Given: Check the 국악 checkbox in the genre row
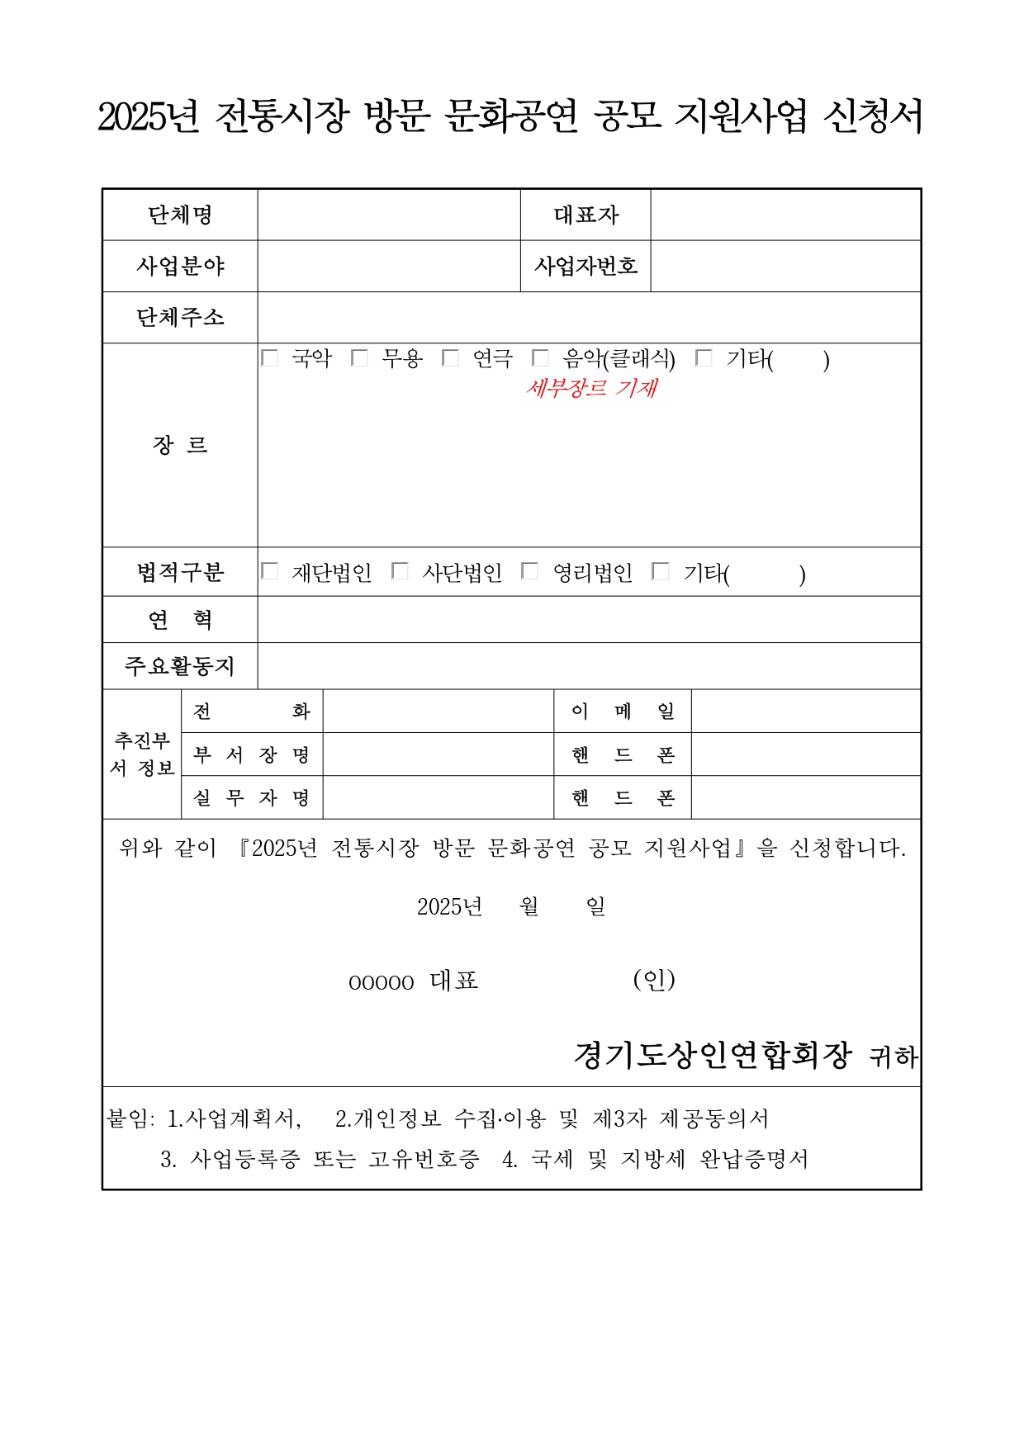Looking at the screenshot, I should click(x=269, y=358).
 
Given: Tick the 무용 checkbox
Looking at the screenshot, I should click(x=359, y=358).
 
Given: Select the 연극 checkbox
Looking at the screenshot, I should click(x=450, y=358).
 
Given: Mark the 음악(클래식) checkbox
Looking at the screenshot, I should click(x=540, y=358).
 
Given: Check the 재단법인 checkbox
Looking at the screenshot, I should click(x=269, y=571).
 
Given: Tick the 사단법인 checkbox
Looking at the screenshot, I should click(x=400, y=571).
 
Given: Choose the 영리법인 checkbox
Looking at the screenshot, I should click(x=530, y=571).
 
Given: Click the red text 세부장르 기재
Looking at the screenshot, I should click(x=591, y=388).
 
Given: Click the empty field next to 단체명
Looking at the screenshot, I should click(x=388, y=215).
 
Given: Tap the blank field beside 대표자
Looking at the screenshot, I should click(x=785, y=215).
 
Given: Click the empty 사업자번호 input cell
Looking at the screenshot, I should click(x=785, y=266).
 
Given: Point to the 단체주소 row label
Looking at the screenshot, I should click(x=180, y=317).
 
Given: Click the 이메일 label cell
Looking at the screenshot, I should click(x=623, y=711).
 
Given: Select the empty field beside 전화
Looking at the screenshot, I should click(x=438, y=711).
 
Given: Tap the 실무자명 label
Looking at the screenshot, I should click(x=251, y=797).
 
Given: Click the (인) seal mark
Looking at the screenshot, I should click(x=654, y=980).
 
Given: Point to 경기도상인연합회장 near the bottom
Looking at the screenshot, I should click(x=712, y=1055).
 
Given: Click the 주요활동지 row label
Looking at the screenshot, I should click(x=180, y=666).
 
